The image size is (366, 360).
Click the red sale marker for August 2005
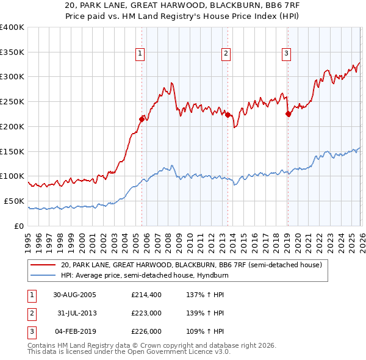pos(142,119)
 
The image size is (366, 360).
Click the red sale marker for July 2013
pos(227,115)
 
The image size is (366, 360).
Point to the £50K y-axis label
pos(14,201)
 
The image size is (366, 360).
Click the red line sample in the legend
pos(44,265)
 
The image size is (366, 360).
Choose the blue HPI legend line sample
pos(44,275)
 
